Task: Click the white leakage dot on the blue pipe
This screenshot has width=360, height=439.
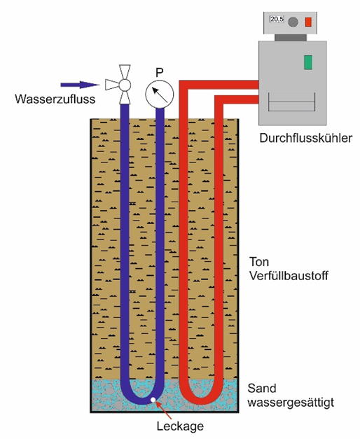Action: tap(153, 400)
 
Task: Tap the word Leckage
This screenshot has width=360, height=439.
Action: tap(180, 426)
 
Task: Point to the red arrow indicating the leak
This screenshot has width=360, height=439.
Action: tap(163, 410)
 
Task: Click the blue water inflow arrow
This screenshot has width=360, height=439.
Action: tap(80, 85)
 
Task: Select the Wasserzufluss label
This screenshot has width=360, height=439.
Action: tap(55, 99)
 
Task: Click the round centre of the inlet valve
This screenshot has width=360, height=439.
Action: tap(125, 85)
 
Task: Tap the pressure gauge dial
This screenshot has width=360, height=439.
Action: tap(160, 95)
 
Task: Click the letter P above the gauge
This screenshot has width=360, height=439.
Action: tap(160, 73)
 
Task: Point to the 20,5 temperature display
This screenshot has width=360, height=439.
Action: tap(277, 20)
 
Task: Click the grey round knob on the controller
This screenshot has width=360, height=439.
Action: tap(293, 22)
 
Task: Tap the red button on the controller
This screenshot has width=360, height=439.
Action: tap(308, 22)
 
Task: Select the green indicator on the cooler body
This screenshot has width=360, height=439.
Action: tap(308, 62)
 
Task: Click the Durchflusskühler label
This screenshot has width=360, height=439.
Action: tap(305, 139)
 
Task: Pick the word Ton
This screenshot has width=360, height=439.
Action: tap(259, 262)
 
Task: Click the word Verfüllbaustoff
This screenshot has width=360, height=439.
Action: tap(289, 276)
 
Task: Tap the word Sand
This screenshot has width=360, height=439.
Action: tap(262, 389)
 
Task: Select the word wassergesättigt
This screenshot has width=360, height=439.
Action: tap(291, 403)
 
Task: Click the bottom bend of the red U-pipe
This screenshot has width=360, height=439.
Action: tap(201, 400)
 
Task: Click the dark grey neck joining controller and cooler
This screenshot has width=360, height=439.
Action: tap(291, 38)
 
